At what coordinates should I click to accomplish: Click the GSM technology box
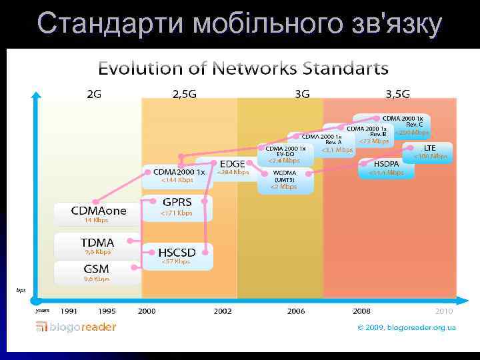[x=97, y=269]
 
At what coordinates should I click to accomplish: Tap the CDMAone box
[x=99, y=211]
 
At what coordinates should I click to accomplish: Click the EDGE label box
[x=232, y=163]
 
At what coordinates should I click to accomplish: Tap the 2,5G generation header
[x=185, y=94]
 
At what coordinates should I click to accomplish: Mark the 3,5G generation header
[x=397, y=94]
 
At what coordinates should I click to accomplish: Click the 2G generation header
[x=95, y=94]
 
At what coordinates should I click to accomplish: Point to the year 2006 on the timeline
[x=296, y=311]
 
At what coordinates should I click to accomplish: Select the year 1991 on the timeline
[x=69, y=311]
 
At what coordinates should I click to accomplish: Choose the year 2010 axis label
[x=444, y=311]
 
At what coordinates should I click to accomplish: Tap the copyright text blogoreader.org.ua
[x=406, y=327]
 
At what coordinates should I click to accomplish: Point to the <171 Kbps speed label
[x=177, y=213]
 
